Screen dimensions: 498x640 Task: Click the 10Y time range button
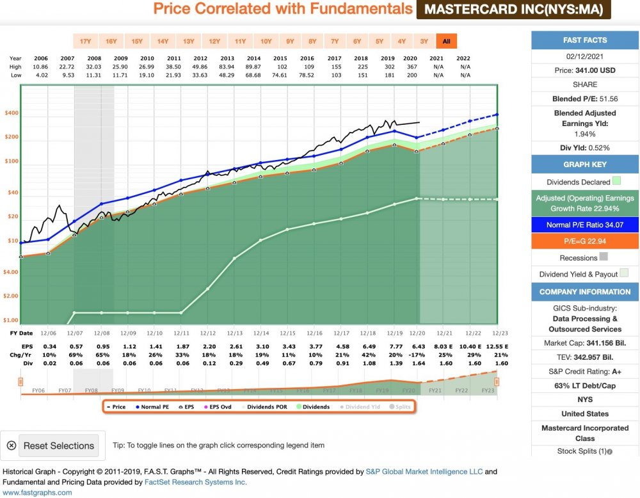(x=265, y=42)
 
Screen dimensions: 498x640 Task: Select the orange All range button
(x=446, y=42)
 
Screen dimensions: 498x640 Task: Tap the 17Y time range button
(x=85, y=42)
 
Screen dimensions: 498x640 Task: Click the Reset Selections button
(x=58, y=446)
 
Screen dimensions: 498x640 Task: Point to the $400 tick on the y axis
(x=12, y=113)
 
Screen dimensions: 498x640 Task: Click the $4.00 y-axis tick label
(x=12, y=272)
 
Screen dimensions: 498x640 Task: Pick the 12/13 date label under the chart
(x=234, y=333)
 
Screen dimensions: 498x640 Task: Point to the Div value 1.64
(x=418, y=363)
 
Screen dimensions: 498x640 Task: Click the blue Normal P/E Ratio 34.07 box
(x=586, y=225)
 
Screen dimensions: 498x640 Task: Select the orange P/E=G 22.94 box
(x=586, y=241)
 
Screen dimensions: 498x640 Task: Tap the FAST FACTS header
(x=586, y=40)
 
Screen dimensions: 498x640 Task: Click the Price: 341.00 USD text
(x=586, y=70)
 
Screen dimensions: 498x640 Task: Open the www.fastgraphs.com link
(x=37, y=492)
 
